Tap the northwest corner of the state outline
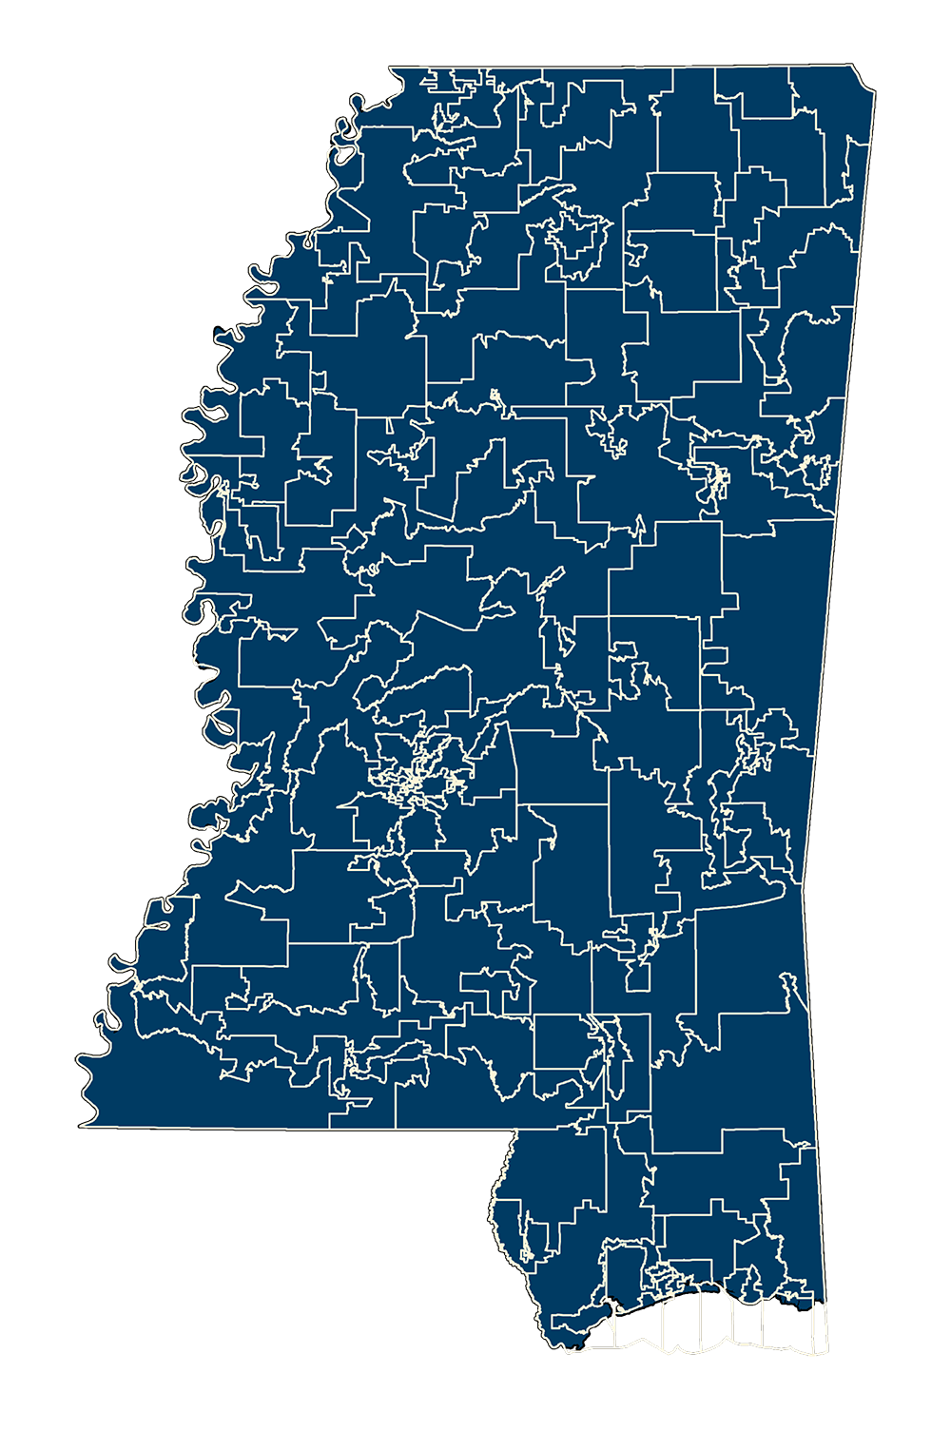coord(391,66)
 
